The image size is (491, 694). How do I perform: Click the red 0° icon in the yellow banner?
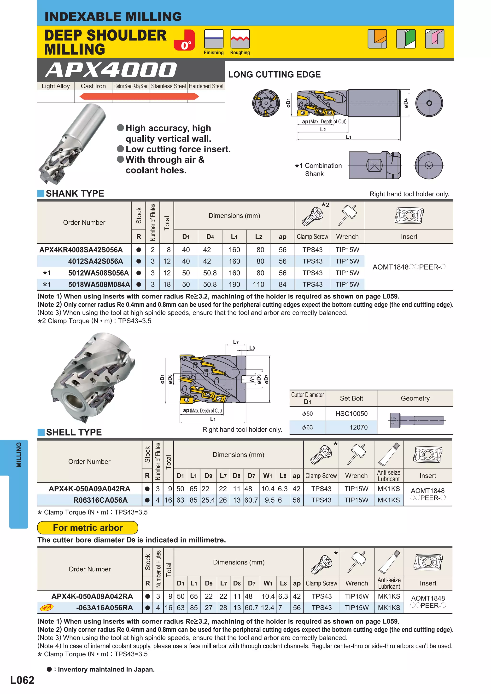point(184,40)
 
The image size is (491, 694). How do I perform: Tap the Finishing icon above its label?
point(214,39)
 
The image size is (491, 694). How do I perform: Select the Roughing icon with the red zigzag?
point(240,39)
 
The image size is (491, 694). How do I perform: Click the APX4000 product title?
point(111,70)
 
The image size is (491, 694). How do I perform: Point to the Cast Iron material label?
point(93,86)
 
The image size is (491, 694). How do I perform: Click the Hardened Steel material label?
point(206,86)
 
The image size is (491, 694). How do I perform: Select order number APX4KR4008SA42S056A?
point(81,250)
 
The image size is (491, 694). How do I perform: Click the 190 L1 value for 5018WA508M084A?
point(234,284)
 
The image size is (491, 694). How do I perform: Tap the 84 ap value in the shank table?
point(282,284)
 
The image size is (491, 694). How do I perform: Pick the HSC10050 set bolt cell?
point(351,413)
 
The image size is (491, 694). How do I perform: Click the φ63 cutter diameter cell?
point(307,427)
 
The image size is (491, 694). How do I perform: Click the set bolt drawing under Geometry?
point(417,420)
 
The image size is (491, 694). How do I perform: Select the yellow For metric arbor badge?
point(88,528)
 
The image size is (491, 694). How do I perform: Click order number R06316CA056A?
point(100,500)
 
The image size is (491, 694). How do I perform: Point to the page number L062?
point(22,680)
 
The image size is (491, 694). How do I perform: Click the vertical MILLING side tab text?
point(19,455)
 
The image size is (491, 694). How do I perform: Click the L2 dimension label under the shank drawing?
point(323,130)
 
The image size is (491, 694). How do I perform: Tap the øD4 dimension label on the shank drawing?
point(406,103)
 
